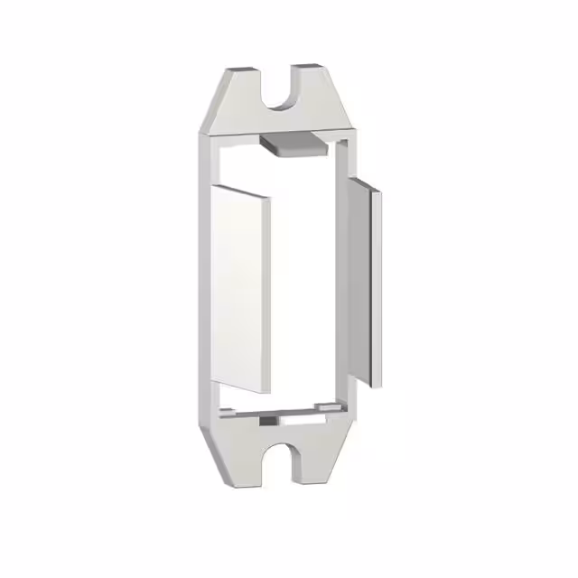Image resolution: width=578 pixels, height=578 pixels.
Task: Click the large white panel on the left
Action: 241,289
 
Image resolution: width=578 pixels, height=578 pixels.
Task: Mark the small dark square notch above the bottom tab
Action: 269,420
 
